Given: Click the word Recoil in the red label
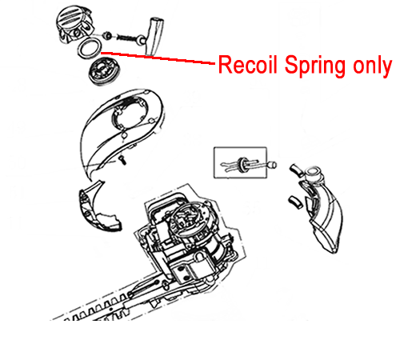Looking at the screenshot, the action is point(248,64).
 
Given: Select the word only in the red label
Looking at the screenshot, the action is point(373,66).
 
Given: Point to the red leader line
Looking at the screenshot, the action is point(158,58).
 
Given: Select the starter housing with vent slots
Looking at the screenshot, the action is point(74,25).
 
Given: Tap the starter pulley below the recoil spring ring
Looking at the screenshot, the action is point(104,71).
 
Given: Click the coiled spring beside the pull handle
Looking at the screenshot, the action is point(125,38).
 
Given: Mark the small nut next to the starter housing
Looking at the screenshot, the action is point(107,35).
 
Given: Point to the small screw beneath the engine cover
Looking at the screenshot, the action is point(123,160).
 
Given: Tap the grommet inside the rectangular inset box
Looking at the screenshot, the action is point(242,164).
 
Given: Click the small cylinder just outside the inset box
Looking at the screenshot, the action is point(272,165).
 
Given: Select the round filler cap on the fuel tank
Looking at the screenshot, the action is point(314,174).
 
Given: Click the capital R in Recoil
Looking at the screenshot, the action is point(225,65).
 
